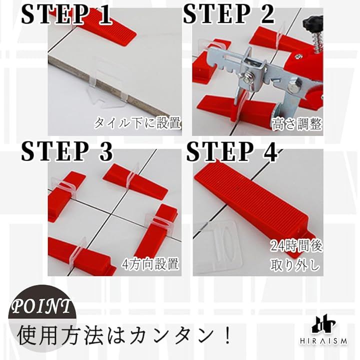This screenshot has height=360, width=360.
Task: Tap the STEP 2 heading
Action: click(229, 14)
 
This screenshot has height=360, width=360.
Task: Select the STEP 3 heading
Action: click(67, 151)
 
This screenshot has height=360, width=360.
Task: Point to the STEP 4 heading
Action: click(232, 151)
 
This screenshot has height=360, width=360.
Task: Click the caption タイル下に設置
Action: click(137, 123)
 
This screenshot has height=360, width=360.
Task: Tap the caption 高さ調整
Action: click(296, 124)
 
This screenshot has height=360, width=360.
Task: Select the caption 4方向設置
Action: click(150, 263)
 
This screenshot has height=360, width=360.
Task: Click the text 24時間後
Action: click(296, 246)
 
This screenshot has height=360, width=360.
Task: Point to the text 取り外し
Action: click(295, 265)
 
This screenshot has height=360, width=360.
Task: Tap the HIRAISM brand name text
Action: click(323, 341)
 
